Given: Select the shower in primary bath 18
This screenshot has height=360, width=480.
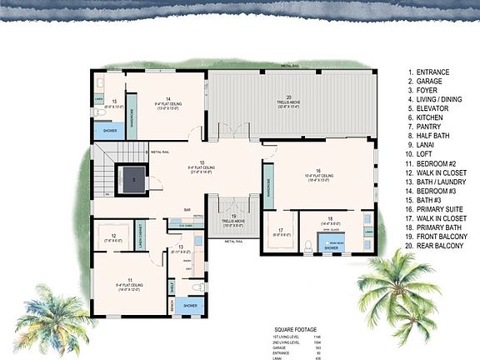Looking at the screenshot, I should click(331, 247).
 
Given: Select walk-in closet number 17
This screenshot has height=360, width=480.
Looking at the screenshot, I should click(281, 230).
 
